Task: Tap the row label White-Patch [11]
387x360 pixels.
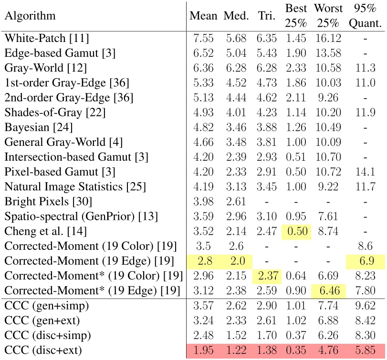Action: pyautogui.click(x=46, y=37)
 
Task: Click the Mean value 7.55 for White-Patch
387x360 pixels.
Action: pyautogui.click(x=204, y=37)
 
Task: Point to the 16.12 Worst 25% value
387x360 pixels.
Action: pyautogui.click(x=327, y=37)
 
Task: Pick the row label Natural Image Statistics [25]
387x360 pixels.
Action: pyautogui.click(x=74, y=185)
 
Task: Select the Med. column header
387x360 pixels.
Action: pyautogui.click(x=236, y=15)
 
